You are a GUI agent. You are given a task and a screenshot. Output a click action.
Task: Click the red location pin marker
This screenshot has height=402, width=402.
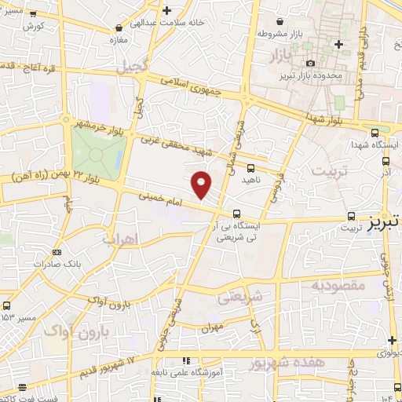coord(202,184)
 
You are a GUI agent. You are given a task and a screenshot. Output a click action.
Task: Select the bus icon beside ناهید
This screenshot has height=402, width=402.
coord(250,168)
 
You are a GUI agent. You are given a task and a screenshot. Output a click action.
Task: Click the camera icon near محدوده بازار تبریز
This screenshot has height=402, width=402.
coord(311,63)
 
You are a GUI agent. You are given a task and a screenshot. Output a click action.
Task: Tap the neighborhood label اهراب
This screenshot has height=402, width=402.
coord(119,238)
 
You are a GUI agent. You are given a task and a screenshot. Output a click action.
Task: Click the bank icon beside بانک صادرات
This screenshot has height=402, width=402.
coord(56,252)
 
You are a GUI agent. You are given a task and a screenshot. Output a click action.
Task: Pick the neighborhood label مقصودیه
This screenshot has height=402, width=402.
coord(338,286)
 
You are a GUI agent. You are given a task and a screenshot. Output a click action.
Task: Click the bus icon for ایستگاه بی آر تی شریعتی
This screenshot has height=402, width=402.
coord(236,214)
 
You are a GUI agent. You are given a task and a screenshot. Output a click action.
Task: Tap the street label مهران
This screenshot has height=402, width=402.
coord(213,325)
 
